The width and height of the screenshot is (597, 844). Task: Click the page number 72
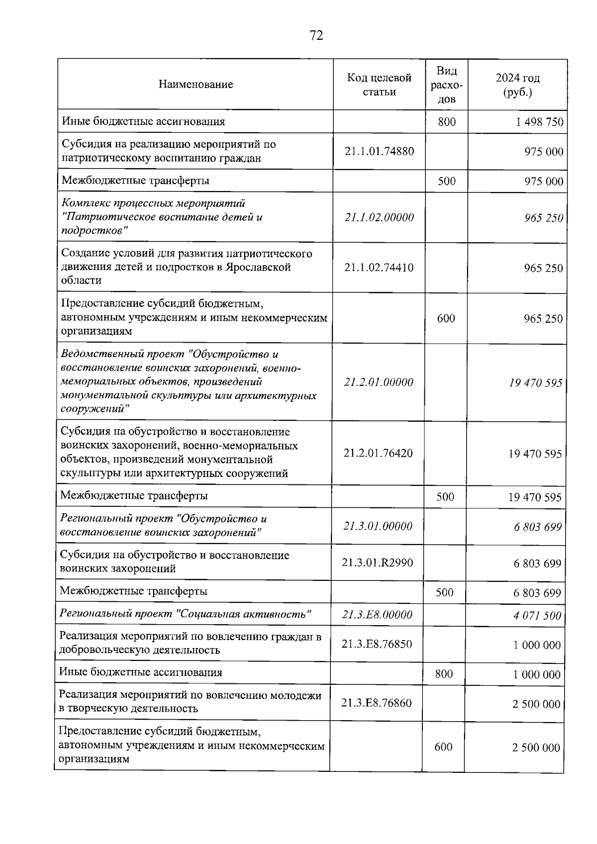[x=316, y=35]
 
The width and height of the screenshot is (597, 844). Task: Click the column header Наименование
[x=196, y=84]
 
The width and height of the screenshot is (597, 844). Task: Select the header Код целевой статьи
[x=379, y=85]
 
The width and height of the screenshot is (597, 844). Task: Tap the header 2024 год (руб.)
[x=517, y=85]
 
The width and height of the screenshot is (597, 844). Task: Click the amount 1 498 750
[x=539, y=122]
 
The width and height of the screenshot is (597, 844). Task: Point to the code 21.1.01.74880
[x=379, y=151]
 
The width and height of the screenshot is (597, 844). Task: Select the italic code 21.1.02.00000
[x=379, y=217]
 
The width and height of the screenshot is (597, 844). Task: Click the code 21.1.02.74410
[x=379, y=268]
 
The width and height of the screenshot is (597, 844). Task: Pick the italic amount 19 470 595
[x=535, y=382]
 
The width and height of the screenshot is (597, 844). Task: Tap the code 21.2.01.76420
[x=378, y=453]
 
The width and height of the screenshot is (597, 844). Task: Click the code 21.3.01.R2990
[x=377, y=563]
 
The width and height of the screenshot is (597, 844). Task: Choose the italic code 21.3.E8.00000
[x=377, y=615]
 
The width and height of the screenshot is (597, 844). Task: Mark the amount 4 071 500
[x=537, y=616]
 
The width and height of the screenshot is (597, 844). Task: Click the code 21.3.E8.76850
[x=377, y=644]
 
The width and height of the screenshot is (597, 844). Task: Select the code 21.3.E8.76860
[x=376, y=703]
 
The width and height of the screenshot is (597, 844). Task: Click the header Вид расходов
[x=446, y=85]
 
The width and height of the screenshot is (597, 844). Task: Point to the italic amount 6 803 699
[x=537, y=527]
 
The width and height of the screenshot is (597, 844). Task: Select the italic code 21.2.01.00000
[x=378, y=382]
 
